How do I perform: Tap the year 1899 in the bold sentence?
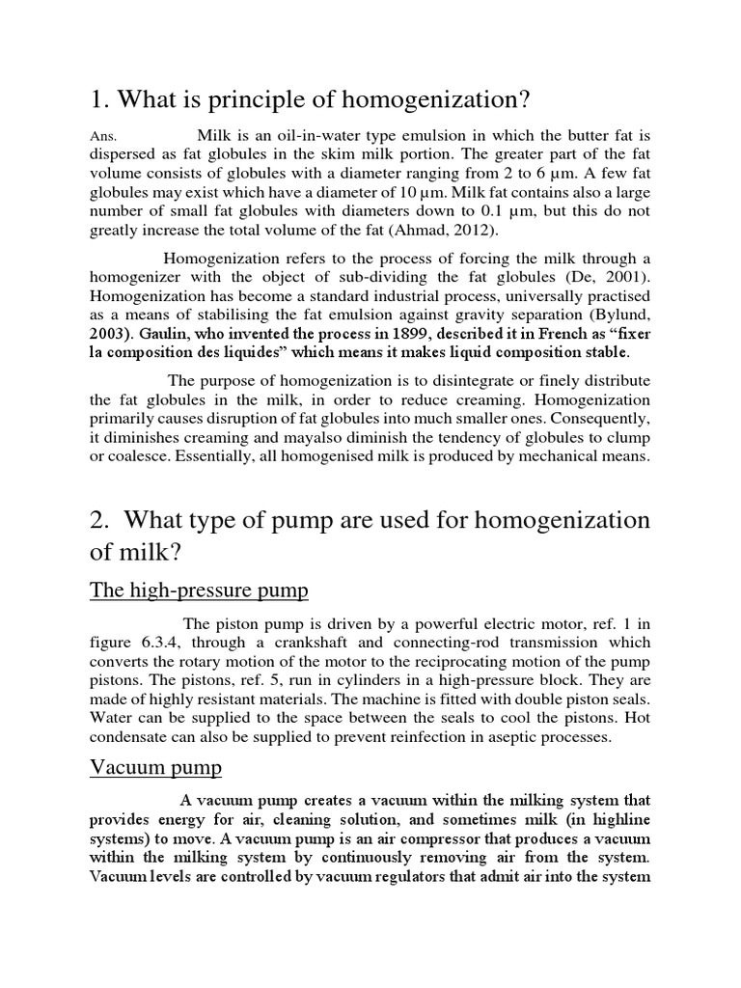click(354, 333)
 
